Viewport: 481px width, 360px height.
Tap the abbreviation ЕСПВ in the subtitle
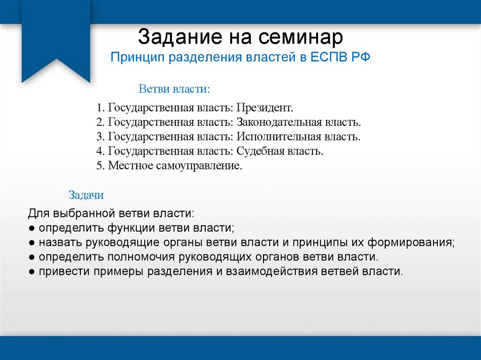pos(325,58)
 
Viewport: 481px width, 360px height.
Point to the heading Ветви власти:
pos(174,89)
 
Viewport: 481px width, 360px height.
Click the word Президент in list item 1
pos(264,108)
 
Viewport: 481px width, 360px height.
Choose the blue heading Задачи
pos(86,194)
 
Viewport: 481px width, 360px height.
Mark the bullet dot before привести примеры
pos(31,272)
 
